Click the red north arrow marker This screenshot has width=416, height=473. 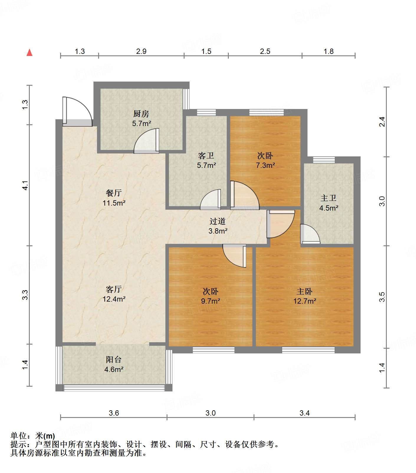click(x=29, y=52)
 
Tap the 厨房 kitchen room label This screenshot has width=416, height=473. click(x=141, y=113)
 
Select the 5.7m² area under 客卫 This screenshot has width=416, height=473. click(x=206, y=165)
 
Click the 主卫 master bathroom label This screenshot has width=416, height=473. click(x=328, y=198)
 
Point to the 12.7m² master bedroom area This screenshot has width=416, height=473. click(x=305, y=301)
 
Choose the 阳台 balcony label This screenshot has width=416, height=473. click(x=114, y=359)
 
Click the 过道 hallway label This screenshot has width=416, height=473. click(x=218, y=221)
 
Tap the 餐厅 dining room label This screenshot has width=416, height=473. click(x=114, y=193)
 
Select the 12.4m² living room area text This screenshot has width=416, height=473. click(x=114, y=299)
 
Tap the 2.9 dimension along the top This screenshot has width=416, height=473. click(x=141, y=51)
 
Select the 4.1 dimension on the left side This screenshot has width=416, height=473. click(x=25, y=185)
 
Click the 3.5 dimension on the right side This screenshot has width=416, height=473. click(x=382, y=297)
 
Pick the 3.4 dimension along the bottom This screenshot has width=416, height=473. click(x=305, y=413)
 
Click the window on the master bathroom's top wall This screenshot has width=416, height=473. click(x=324, y=160)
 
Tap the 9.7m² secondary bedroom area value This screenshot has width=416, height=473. click(x=211, y=301)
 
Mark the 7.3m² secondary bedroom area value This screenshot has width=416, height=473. click(x=265, y=165)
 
